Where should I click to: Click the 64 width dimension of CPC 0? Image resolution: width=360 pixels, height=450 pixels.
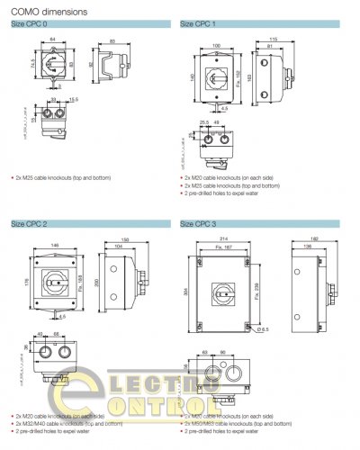point(53,40)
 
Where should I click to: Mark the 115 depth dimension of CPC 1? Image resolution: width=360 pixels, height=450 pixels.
point(272,39)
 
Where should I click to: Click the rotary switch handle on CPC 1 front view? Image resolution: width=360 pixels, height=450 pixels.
point(218,74)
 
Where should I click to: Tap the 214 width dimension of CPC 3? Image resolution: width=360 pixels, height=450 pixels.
point(223,241)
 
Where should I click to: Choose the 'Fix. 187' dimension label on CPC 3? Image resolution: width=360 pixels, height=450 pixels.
point(223,247)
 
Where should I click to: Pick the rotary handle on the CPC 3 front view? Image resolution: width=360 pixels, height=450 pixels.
point(223,292)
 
